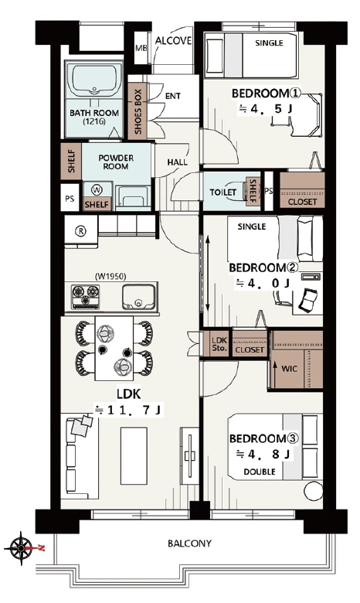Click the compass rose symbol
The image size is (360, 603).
[19, 548]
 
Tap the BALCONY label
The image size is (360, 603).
[189, 543]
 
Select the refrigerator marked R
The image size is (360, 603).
[81, 231]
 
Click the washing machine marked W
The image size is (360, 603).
[97, 190]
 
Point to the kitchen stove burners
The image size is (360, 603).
[86, 297]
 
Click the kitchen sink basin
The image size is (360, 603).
[139, 297]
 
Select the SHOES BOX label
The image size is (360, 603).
[138, 111]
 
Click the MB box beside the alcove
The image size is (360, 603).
[141, 48]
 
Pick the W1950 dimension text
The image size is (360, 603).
[110, 276]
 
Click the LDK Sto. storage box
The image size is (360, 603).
[219, 344]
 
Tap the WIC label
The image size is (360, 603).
[289, 369]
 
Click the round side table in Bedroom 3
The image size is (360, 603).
[313, 491]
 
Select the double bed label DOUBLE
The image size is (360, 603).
[260, 472]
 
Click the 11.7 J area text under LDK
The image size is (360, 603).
[129, 411]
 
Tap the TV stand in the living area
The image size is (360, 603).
[190, 455]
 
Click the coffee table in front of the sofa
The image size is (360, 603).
[134, 455]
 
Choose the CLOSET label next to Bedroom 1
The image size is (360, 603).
[302, 202]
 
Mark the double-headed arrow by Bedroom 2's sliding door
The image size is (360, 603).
[208, 274]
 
